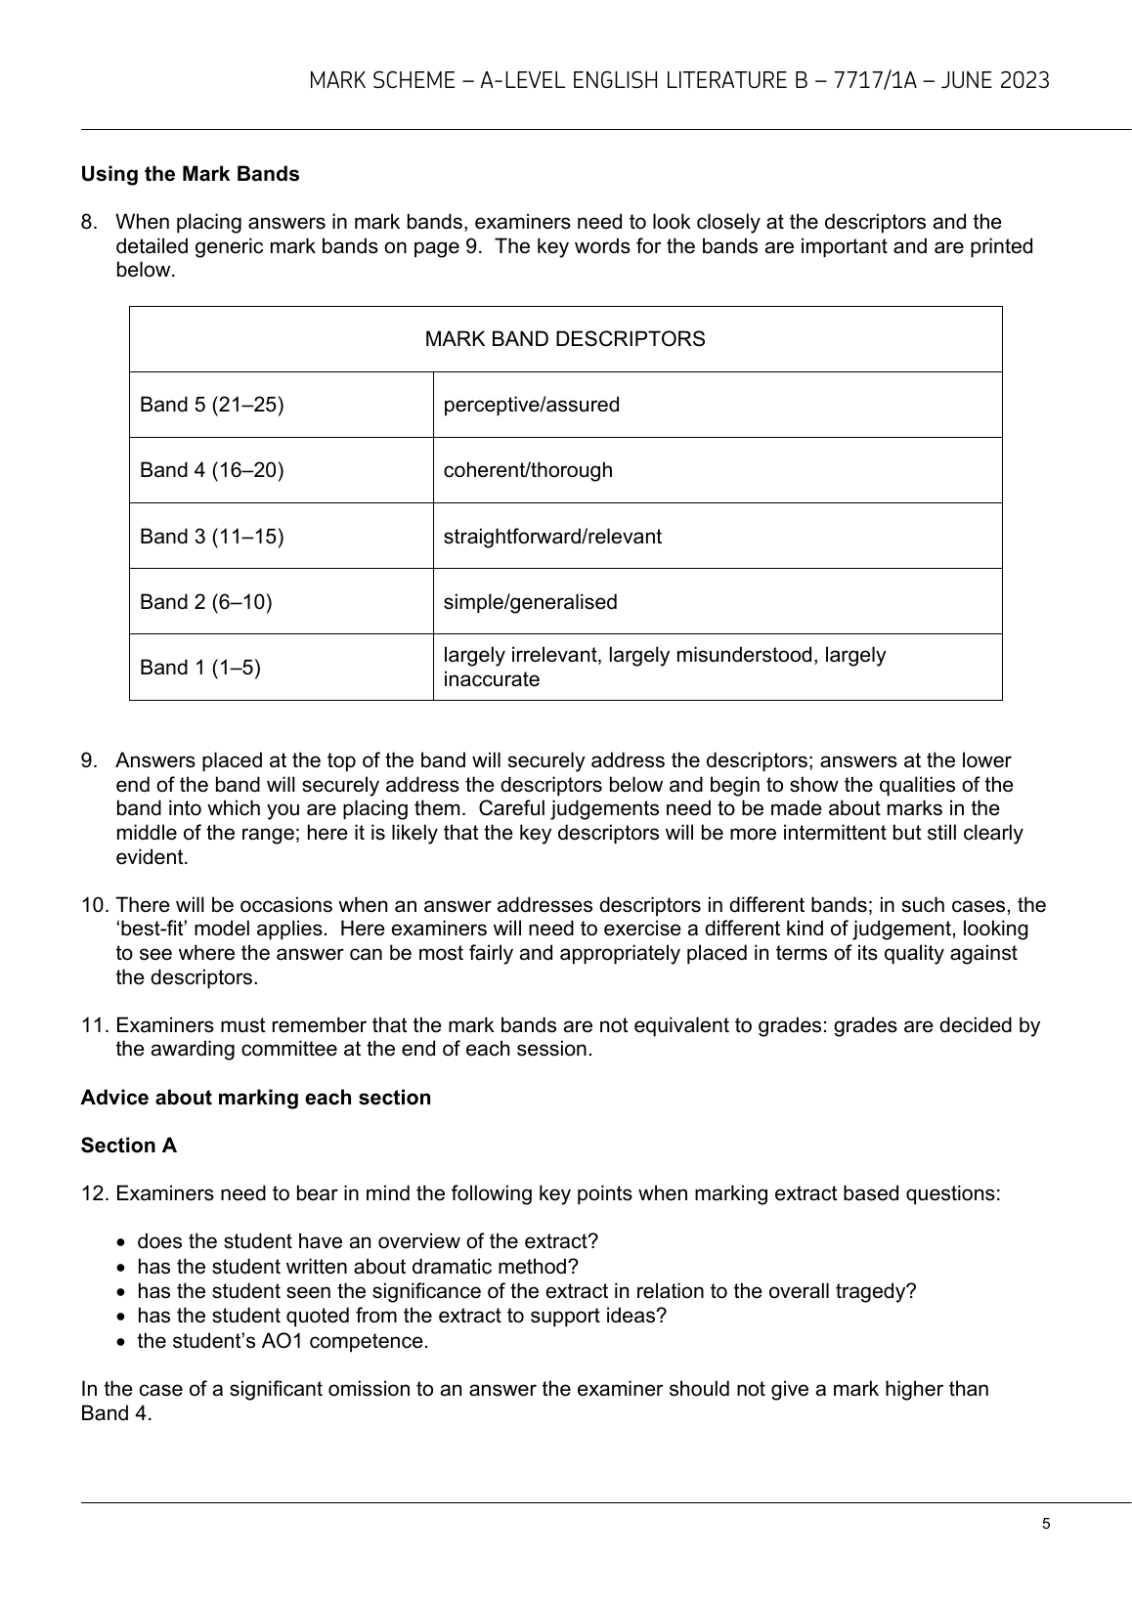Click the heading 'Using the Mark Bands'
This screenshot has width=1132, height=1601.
pyautogui.click(x=190, y=174)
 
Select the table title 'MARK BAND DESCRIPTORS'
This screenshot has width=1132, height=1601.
pyautogui.click(x=565, y=339)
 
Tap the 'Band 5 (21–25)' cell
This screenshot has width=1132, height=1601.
pyautogui.click(x=212, y=405)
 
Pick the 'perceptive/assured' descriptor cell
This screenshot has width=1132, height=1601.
pyautogui.click(x=532, y=405)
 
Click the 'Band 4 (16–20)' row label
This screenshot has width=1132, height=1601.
pyautogui.click(x=212, y=470)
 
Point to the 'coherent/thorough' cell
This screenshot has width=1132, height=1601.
pyautogui.click(x=528, y=470)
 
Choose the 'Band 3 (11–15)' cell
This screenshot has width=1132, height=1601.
pyautogui.click(x=212, y=537)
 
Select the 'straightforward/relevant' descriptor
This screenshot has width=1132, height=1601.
pyautogui.click(x=552, y=537)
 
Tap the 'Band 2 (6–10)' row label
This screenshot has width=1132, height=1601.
pyautogui.click(x=206, y=602)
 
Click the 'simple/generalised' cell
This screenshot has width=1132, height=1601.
pyautogui.click(x=531, y=602)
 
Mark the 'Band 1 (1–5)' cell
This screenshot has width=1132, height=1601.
pyautogui.click(x=200, y=668)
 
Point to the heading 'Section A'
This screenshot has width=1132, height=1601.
pyautogui.click(x=129, y=1146)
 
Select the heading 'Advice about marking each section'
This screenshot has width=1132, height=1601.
pyautogui.click(x=256, y=1098)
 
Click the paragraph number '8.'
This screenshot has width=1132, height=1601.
pyautogui.click(x=89, y=222)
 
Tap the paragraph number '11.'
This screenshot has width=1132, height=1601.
pyautogui.click(x=93, y=1025)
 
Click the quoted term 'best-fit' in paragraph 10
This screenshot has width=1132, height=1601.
pyautogui.click(x=154, y=929)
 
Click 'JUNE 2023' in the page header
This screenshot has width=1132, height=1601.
pyautogui.click(x=994, y=80)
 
